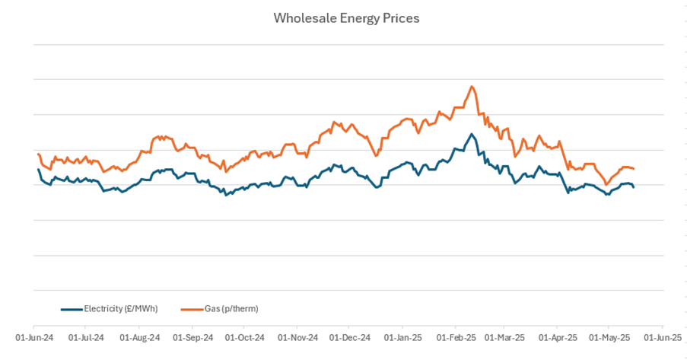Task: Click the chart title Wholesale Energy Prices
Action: (346, 18)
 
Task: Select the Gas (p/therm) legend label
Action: (231, 308)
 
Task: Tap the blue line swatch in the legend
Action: (71, 309)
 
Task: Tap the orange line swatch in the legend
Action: (191, 309)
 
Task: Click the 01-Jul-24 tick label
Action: (86, 336)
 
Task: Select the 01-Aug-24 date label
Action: (139, 336)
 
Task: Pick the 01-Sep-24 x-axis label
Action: (192, 336)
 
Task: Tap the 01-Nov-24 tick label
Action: (297, 336)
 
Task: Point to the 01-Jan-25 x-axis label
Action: (402, 336)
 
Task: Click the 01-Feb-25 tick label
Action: (456, 336)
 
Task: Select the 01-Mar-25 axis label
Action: (504, 336)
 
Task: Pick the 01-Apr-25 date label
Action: (557, 336)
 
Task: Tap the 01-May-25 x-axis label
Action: (609, 336)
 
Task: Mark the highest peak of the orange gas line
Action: (472, 86)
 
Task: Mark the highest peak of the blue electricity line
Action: (472, 134)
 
